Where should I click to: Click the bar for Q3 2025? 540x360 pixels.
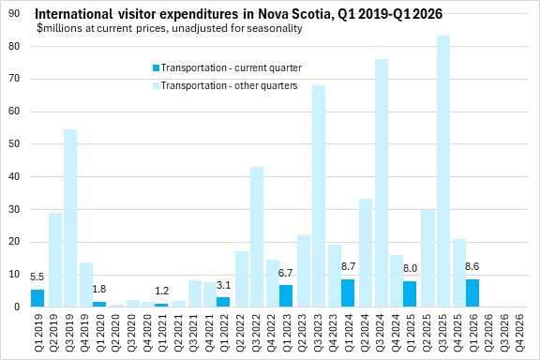coord(443,172)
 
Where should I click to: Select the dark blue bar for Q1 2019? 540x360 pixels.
coord(37,298)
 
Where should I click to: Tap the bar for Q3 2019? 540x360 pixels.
coord(70,218)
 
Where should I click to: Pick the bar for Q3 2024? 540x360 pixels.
coord(382,183)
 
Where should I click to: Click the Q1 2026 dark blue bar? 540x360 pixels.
coord(472,293)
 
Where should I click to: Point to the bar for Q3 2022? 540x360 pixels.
coord(257,237)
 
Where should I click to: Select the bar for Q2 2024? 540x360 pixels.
coord(366,253)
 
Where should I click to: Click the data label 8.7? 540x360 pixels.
coord(348,266)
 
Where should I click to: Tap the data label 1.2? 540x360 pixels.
coord(161,292)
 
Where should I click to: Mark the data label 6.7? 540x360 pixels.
coord(285,273)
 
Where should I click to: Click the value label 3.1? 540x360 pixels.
coord(223,285)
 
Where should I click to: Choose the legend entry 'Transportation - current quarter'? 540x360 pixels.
coord(227,67)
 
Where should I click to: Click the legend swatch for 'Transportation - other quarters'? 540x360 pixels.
coord(156,85)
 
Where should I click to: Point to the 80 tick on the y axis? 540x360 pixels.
coord(14,46)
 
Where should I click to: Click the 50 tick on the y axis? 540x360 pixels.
coord(14,144)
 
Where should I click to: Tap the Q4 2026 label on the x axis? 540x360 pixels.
coord(519,332)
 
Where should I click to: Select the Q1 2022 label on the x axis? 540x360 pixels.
coord(224,332)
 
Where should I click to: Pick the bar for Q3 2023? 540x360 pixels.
coord(319,196)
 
